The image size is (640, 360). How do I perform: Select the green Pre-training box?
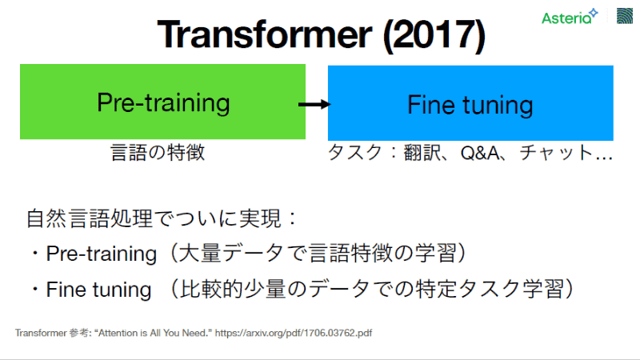click(163, 102)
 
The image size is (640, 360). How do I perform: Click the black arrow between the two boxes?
click(314, 104)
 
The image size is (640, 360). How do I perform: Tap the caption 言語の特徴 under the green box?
click(158, 153)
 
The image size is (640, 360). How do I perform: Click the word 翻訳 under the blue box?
click(418, 153)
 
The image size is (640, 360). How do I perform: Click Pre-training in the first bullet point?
click(101, 254)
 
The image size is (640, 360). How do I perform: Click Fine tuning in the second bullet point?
click(98, 289)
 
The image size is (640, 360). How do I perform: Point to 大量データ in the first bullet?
click(225, 254)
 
